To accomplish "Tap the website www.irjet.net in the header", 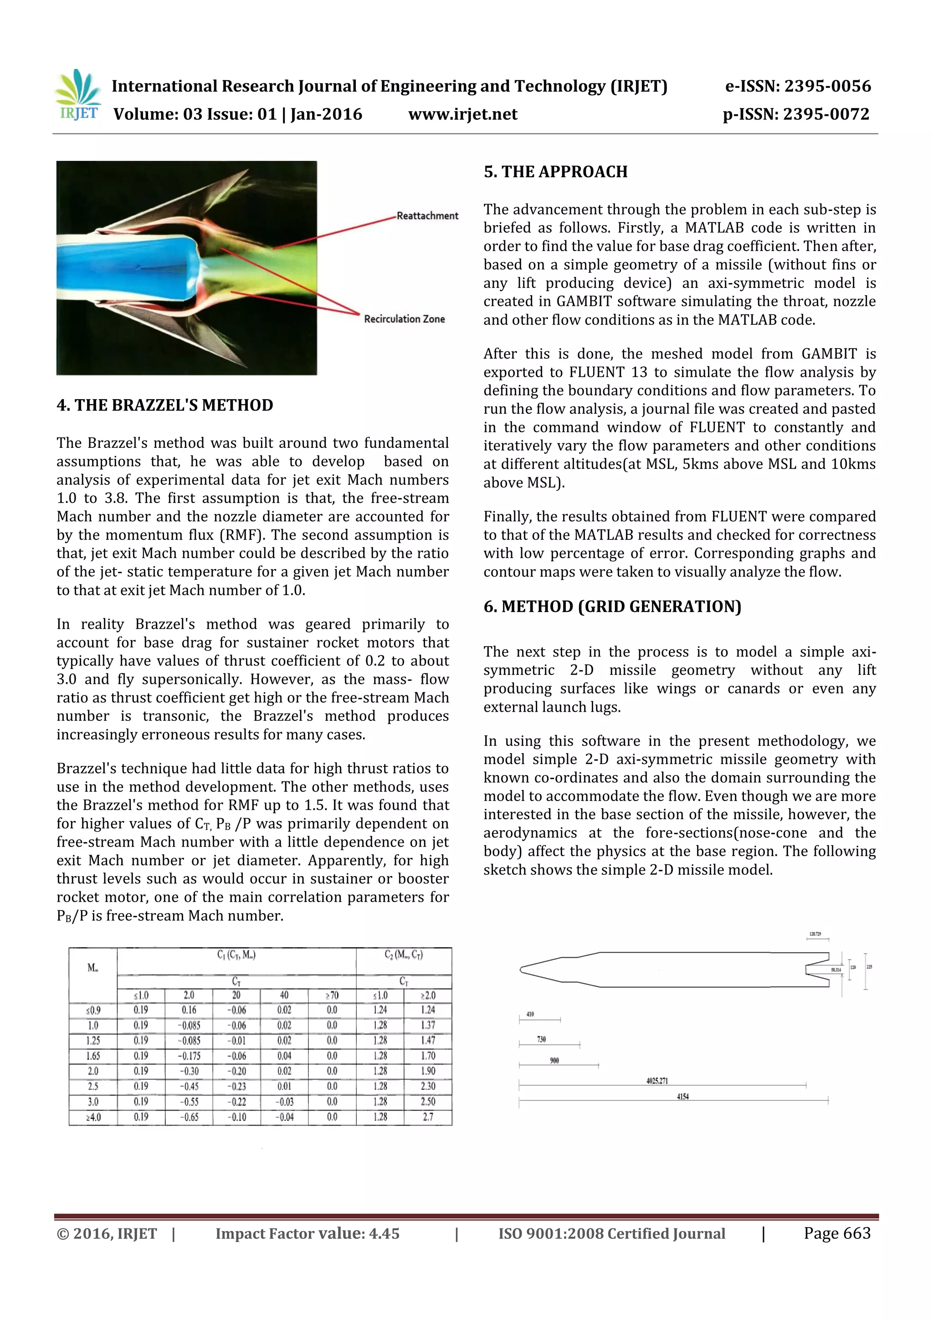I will pyautogui.click(x=462, y=114).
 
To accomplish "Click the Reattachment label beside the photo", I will pyautogui.click(x=427, y=216).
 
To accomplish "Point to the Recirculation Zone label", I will pyautogui.click(x=404, y=319).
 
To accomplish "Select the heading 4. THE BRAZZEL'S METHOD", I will pyautogui.click(x=165, y=406).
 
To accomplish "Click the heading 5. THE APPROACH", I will pyautogui.click(x=555, y=172).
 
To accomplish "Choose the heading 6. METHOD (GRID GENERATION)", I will pyautogui.click(x=612, y=606).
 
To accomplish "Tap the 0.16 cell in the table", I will pyautogui.click(x=189, y=1010).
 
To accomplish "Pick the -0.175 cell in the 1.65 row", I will pyautogui.click(x=189, y=1056).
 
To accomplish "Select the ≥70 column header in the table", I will pyautogui.click(x=332, y=995).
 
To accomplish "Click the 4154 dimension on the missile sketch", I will pyautogui.click(x=682, y=1096).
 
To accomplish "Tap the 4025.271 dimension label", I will pyautogui.click(x=657, y=1081).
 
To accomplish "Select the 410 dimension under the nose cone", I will pyautogui.click(x=530, y=1014).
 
